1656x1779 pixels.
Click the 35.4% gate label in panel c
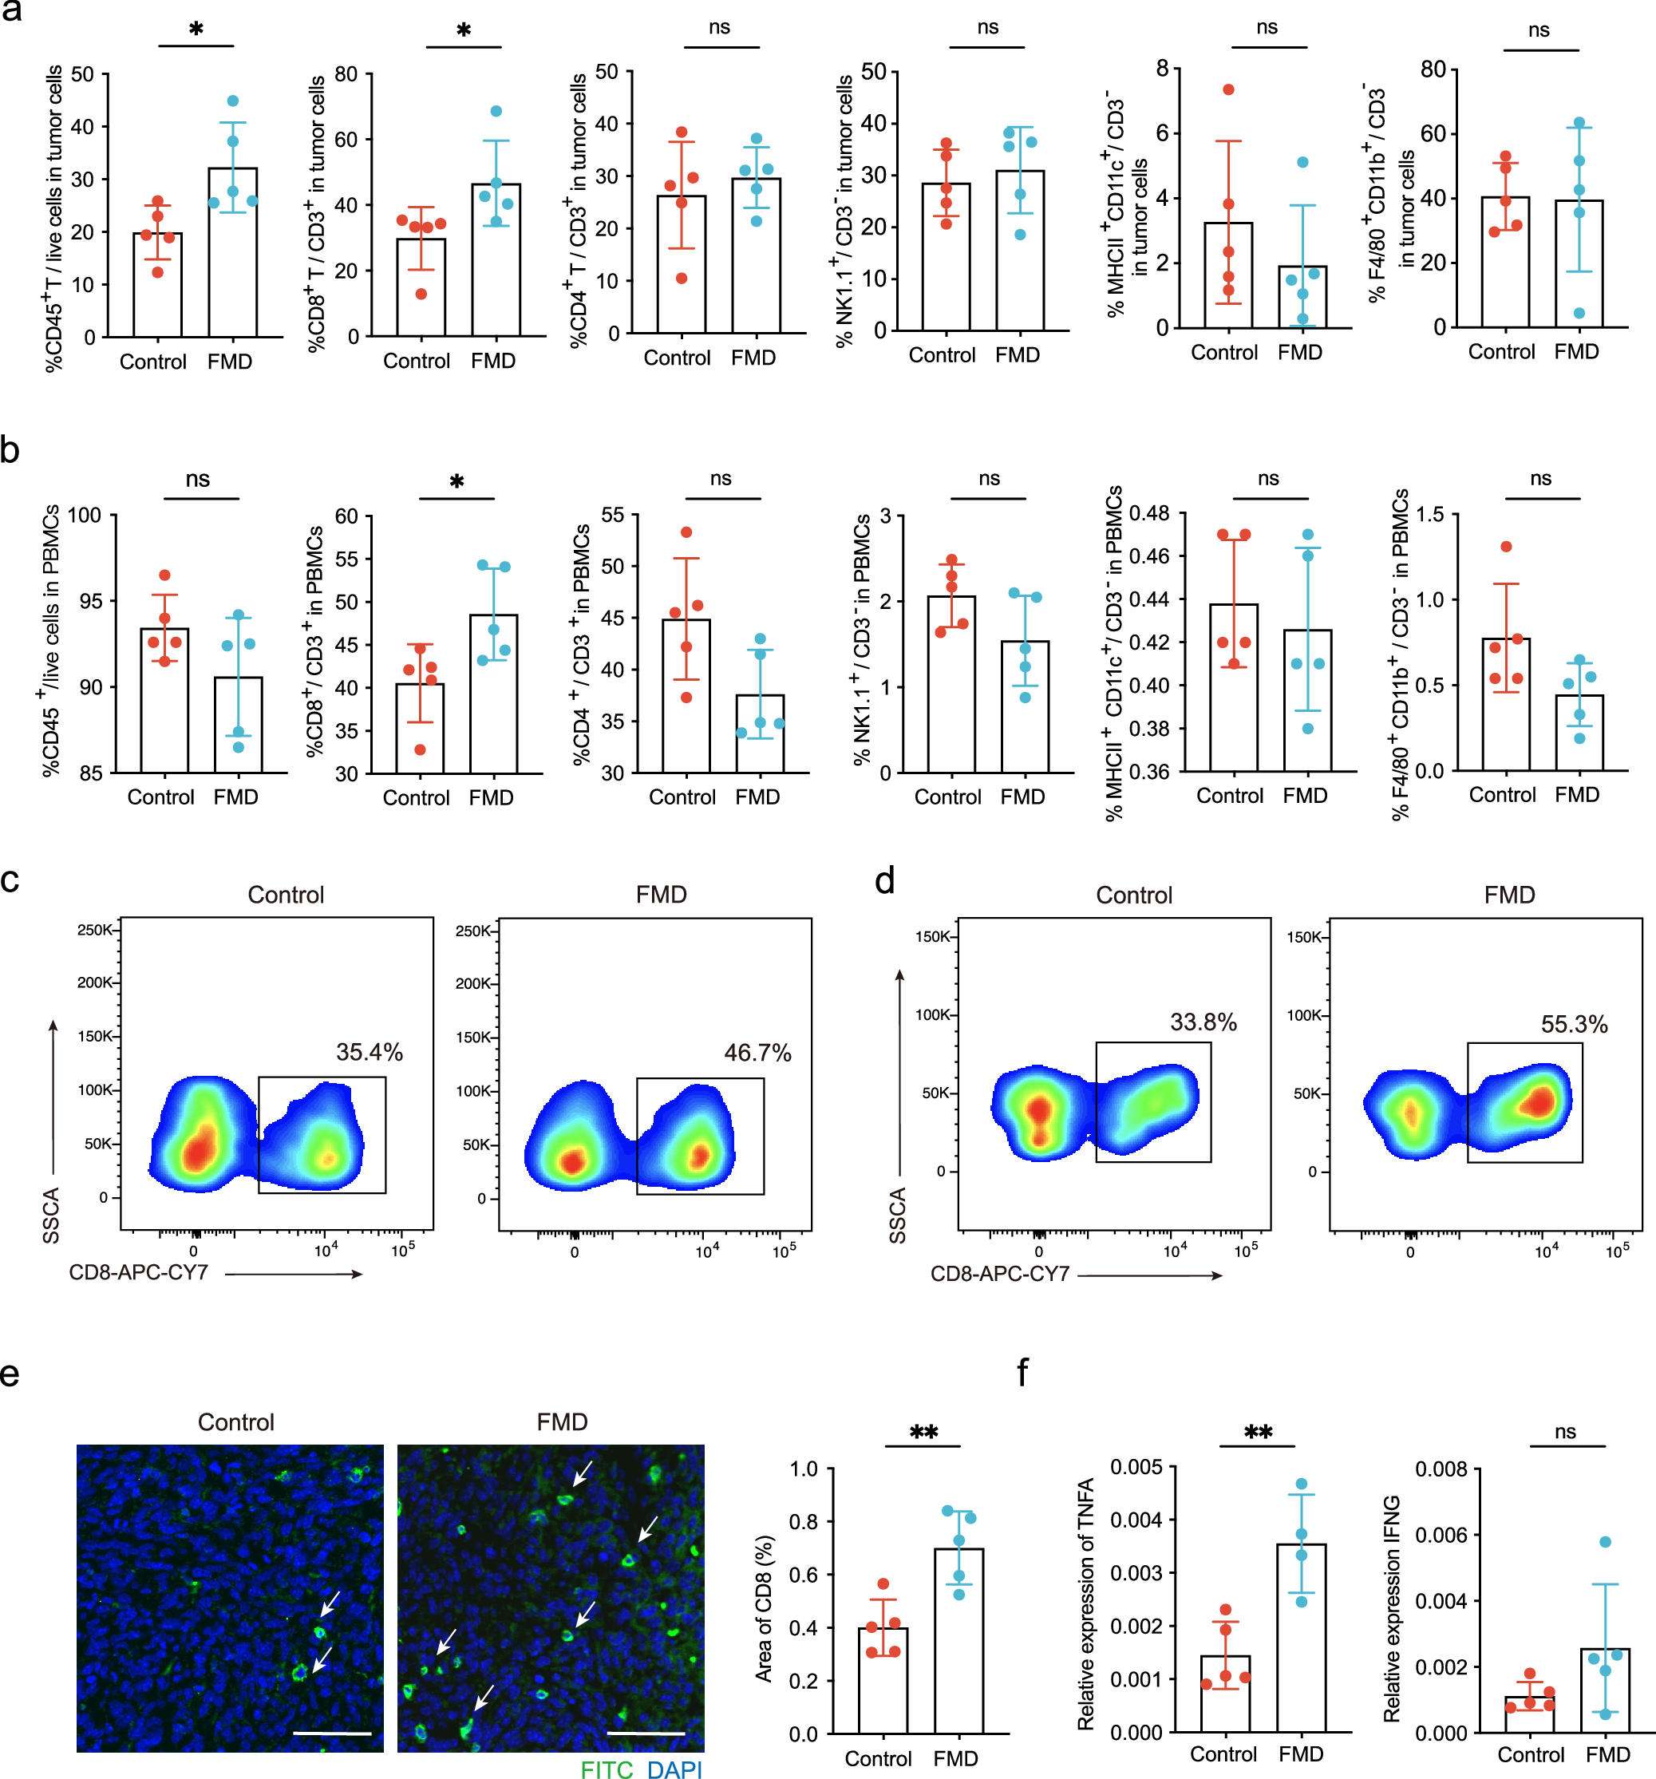coord(369,1053)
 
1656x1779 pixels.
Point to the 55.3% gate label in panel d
coord(1573,1024)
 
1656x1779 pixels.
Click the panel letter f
coord(1022,1372)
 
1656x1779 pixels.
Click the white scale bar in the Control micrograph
coord(332,1733)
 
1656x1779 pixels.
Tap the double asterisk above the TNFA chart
coord(1257,1433)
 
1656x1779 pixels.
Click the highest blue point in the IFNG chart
coord(1604,1542)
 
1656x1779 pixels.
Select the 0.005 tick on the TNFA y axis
coord(1136,1468)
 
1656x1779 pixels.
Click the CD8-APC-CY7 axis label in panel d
coord(999,1274)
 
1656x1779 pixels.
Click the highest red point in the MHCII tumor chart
coord(1227,89)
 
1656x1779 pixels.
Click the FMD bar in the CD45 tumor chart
coord(232,252)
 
